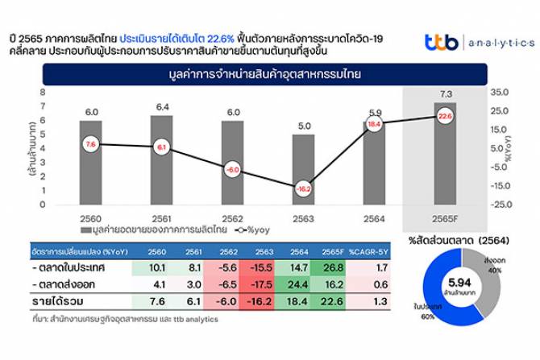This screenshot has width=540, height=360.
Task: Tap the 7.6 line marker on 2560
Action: (x=90, y=144)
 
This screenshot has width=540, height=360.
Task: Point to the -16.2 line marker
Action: (x=303, y=188)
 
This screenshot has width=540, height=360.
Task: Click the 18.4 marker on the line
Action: (x=374, y=124)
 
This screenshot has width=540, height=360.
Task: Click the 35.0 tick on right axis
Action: (x=501, y=92)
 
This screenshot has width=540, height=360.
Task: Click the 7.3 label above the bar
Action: (x=446, y=94)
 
